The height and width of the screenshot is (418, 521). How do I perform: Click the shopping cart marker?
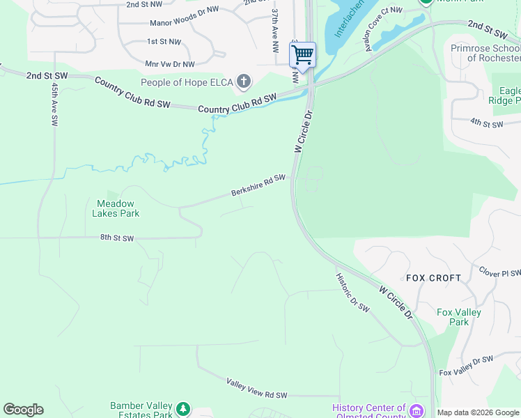[302, 54]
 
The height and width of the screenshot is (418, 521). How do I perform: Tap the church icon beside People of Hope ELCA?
[243, 83]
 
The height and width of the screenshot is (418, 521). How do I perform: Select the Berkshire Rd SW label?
[258, 185]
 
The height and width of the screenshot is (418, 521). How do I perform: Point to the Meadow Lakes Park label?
[116, 208]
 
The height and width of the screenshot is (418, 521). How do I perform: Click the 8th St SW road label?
[116, 238]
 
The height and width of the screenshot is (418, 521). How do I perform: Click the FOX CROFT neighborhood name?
[433, 278]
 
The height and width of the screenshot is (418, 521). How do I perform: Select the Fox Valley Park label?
[458, 317]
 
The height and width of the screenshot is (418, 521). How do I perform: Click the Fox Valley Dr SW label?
[466, 366]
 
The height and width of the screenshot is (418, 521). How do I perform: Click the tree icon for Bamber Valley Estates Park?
[182, 408]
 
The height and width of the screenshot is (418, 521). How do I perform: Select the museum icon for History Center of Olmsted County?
[417, 410]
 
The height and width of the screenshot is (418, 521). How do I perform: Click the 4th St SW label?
[486, 123]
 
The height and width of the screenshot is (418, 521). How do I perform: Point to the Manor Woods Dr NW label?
[184, 23]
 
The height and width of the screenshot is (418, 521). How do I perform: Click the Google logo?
[23, 409]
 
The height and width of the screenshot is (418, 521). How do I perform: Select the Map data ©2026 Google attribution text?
[478, 412]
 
